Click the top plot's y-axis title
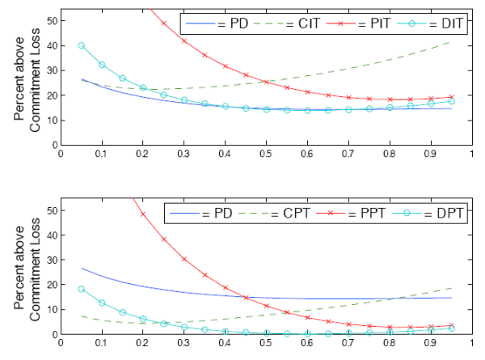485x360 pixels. pos(27,81)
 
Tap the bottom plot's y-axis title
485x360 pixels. pos(27,270)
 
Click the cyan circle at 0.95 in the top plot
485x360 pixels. pos(451,101)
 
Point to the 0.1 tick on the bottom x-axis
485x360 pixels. pos(102,343)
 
